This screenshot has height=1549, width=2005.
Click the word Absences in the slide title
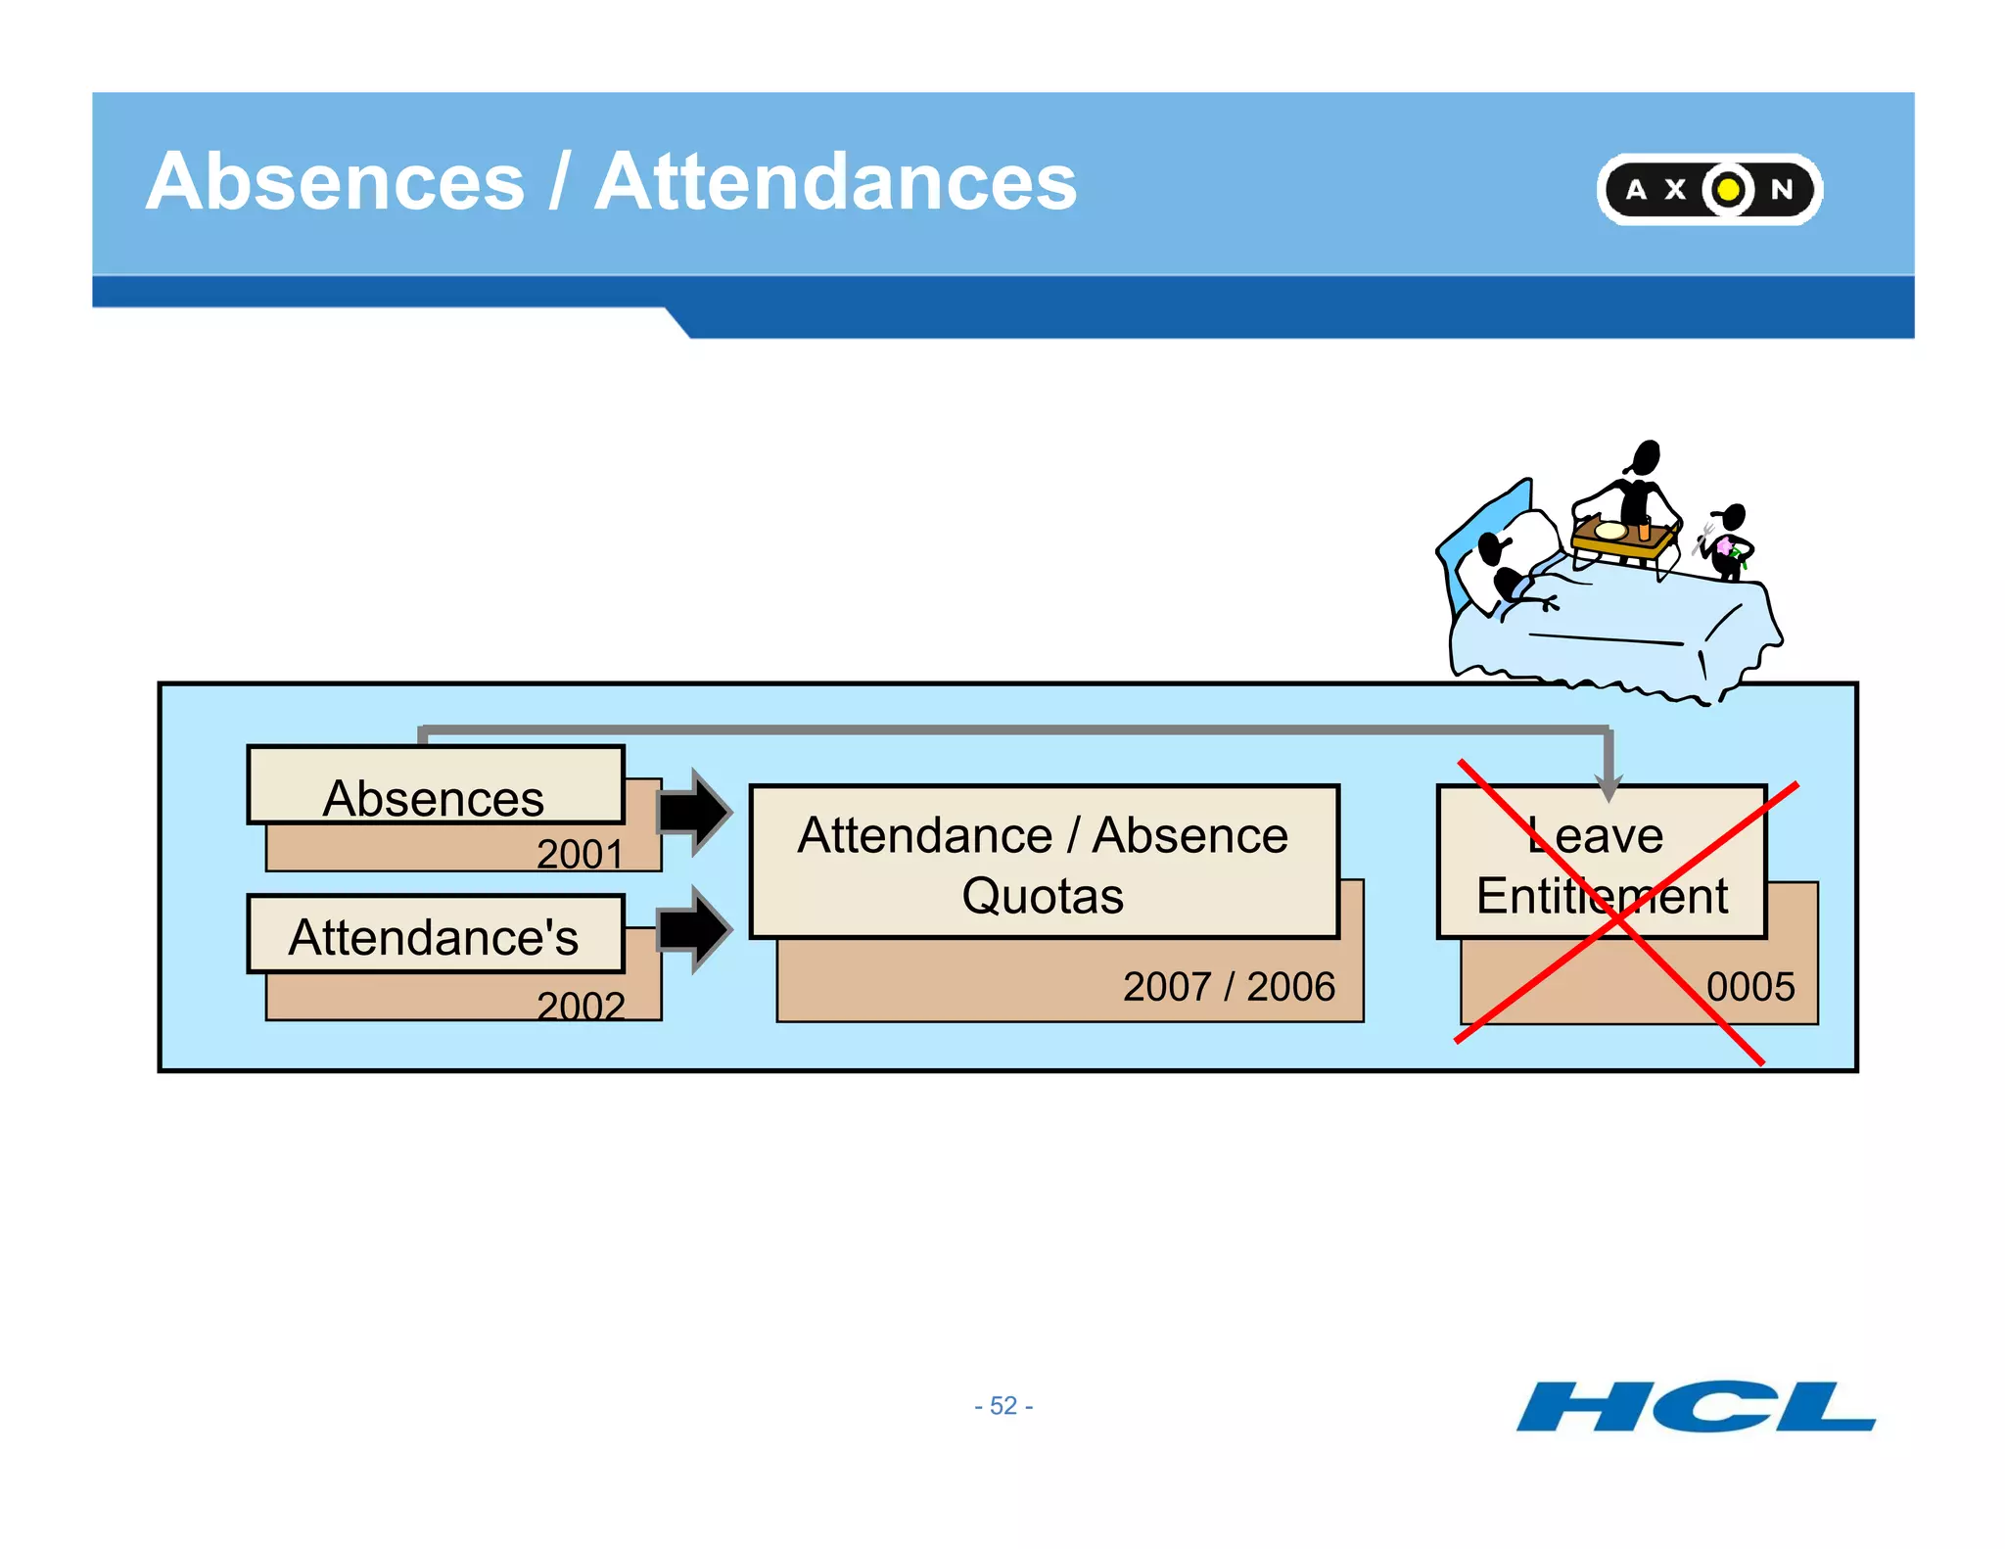[336, 182]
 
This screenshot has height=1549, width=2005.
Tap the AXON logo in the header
[1708, 189]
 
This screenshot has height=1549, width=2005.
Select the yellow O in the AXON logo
[1728, 189]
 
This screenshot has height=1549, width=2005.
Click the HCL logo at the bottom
[1696, 1407]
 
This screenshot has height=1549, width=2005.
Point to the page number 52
[1003, 1406]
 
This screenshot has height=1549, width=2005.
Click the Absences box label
[434, 798]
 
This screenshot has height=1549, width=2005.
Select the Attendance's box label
[434, 937]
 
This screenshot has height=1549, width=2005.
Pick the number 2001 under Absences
[580, 854]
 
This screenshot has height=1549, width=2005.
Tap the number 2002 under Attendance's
[581, 1006]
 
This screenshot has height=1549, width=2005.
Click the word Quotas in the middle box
[1043, 896]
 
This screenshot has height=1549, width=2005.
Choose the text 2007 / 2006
[1229, 987]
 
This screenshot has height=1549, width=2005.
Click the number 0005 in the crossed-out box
[1750, 987]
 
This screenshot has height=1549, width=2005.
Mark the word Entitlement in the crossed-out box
[1602, 896]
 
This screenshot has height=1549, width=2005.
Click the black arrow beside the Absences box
[694, 812]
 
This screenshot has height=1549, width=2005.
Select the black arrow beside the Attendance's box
[694, 929]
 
